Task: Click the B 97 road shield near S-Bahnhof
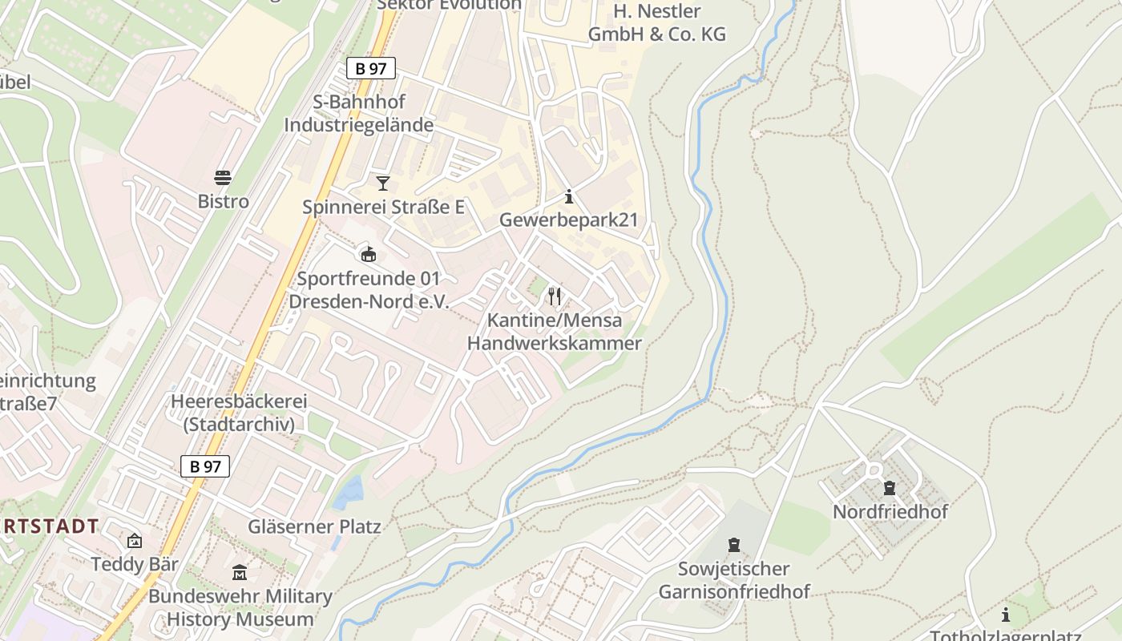coord(371,68)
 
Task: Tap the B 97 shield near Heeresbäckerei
coord(205,466)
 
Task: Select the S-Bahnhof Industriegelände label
coord(358,114)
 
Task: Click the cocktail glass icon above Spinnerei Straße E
coord(383,183)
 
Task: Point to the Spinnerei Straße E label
coord(383,207)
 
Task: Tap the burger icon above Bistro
coord(223,177)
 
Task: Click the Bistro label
coord(223,201)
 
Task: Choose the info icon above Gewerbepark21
coord(569,196)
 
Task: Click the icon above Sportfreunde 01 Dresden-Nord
coord(368,255)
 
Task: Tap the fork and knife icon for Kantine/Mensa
coord(554,296)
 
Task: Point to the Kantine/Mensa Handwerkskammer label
coord(554,332)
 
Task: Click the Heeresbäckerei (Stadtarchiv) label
coord(239,413)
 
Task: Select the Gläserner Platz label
coord(314,526)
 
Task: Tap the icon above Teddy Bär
coord(134,541)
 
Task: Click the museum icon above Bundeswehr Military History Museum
coord(240,573)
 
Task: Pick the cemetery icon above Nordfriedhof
coord(889,487)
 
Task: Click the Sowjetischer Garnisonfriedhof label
coord(733,580)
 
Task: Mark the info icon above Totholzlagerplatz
coord(1006,615)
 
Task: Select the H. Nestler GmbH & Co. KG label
coord(657,22)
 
